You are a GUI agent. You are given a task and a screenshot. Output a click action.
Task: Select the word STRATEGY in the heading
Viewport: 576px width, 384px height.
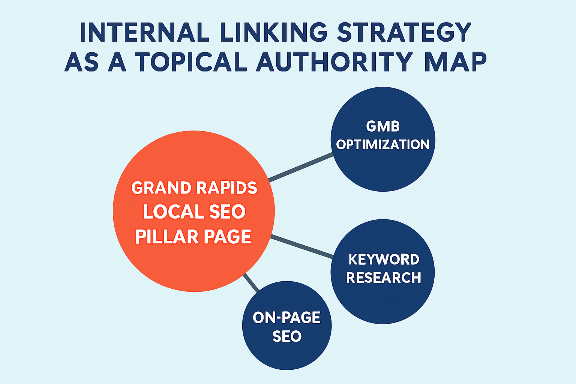(x=404, y=33)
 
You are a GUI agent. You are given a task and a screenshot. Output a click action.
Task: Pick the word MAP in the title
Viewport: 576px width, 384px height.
(x=455, y=61)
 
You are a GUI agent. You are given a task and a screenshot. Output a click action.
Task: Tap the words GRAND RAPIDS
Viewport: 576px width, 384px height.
(x=194, y=188)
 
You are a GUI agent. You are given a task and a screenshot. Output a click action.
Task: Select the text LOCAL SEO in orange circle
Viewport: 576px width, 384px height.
(x=194, y=212)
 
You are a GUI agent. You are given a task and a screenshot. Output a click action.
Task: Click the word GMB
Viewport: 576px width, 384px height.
(x=383, y=127)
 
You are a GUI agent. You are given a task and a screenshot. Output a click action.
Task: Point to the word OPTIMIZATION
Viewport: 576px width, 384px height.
(x=383, y=145)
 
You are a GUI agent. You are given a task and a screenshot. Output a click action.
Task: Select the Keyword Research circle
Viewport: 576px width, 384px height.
(x=383, y=300)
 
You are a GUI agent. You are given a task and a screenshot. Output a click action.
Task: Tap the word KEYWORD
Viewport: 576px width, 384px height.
(x=384, y=259)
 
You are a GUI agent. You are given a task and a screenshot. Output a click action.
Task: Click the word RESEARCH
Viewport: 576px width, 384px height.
(x=384, y=278)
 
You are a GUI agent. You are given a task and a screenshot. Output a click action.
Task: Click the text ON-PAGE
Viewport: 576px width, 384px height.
(x=287, y=318)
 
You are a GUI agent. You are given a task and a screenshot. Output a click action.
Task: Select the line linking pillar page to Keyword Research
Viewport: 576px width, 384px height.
(x=302, y=246)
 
